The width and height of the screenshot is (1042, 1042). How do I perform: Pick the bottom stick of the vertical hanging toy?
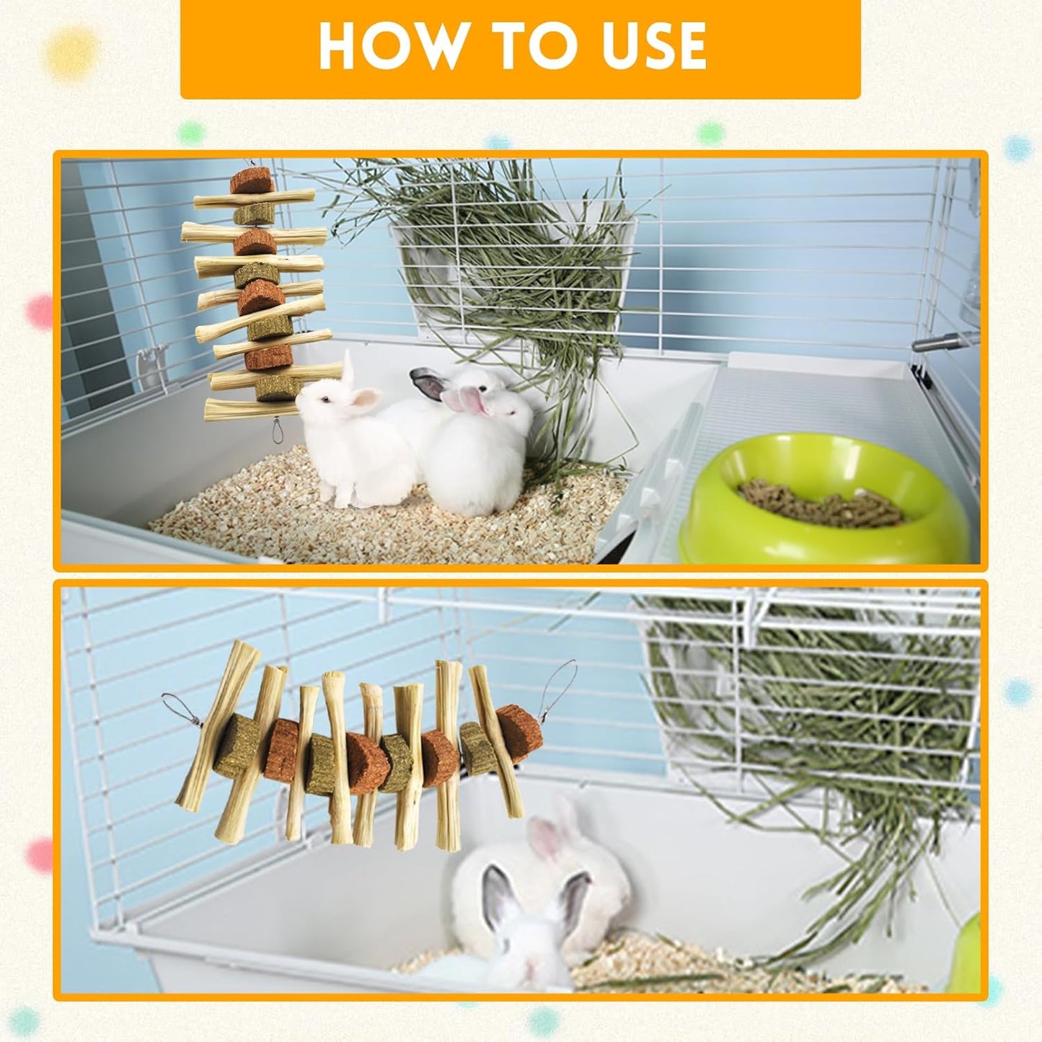tap(249, 411)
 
